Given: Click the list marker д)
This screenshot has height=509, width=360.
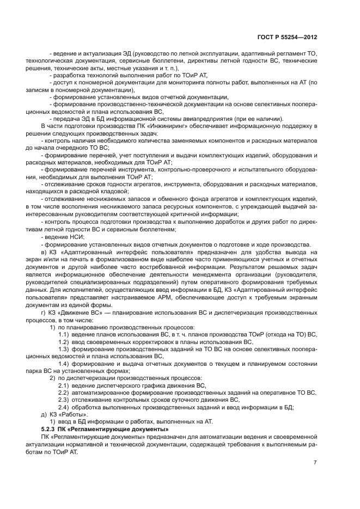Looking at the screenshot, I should [44, 414].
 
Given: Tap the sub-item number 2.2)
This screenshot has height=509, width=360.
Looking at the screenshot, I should [63, 392].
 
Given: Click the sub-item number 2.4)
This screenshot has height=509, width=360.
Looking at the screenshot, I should [63, 407].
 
